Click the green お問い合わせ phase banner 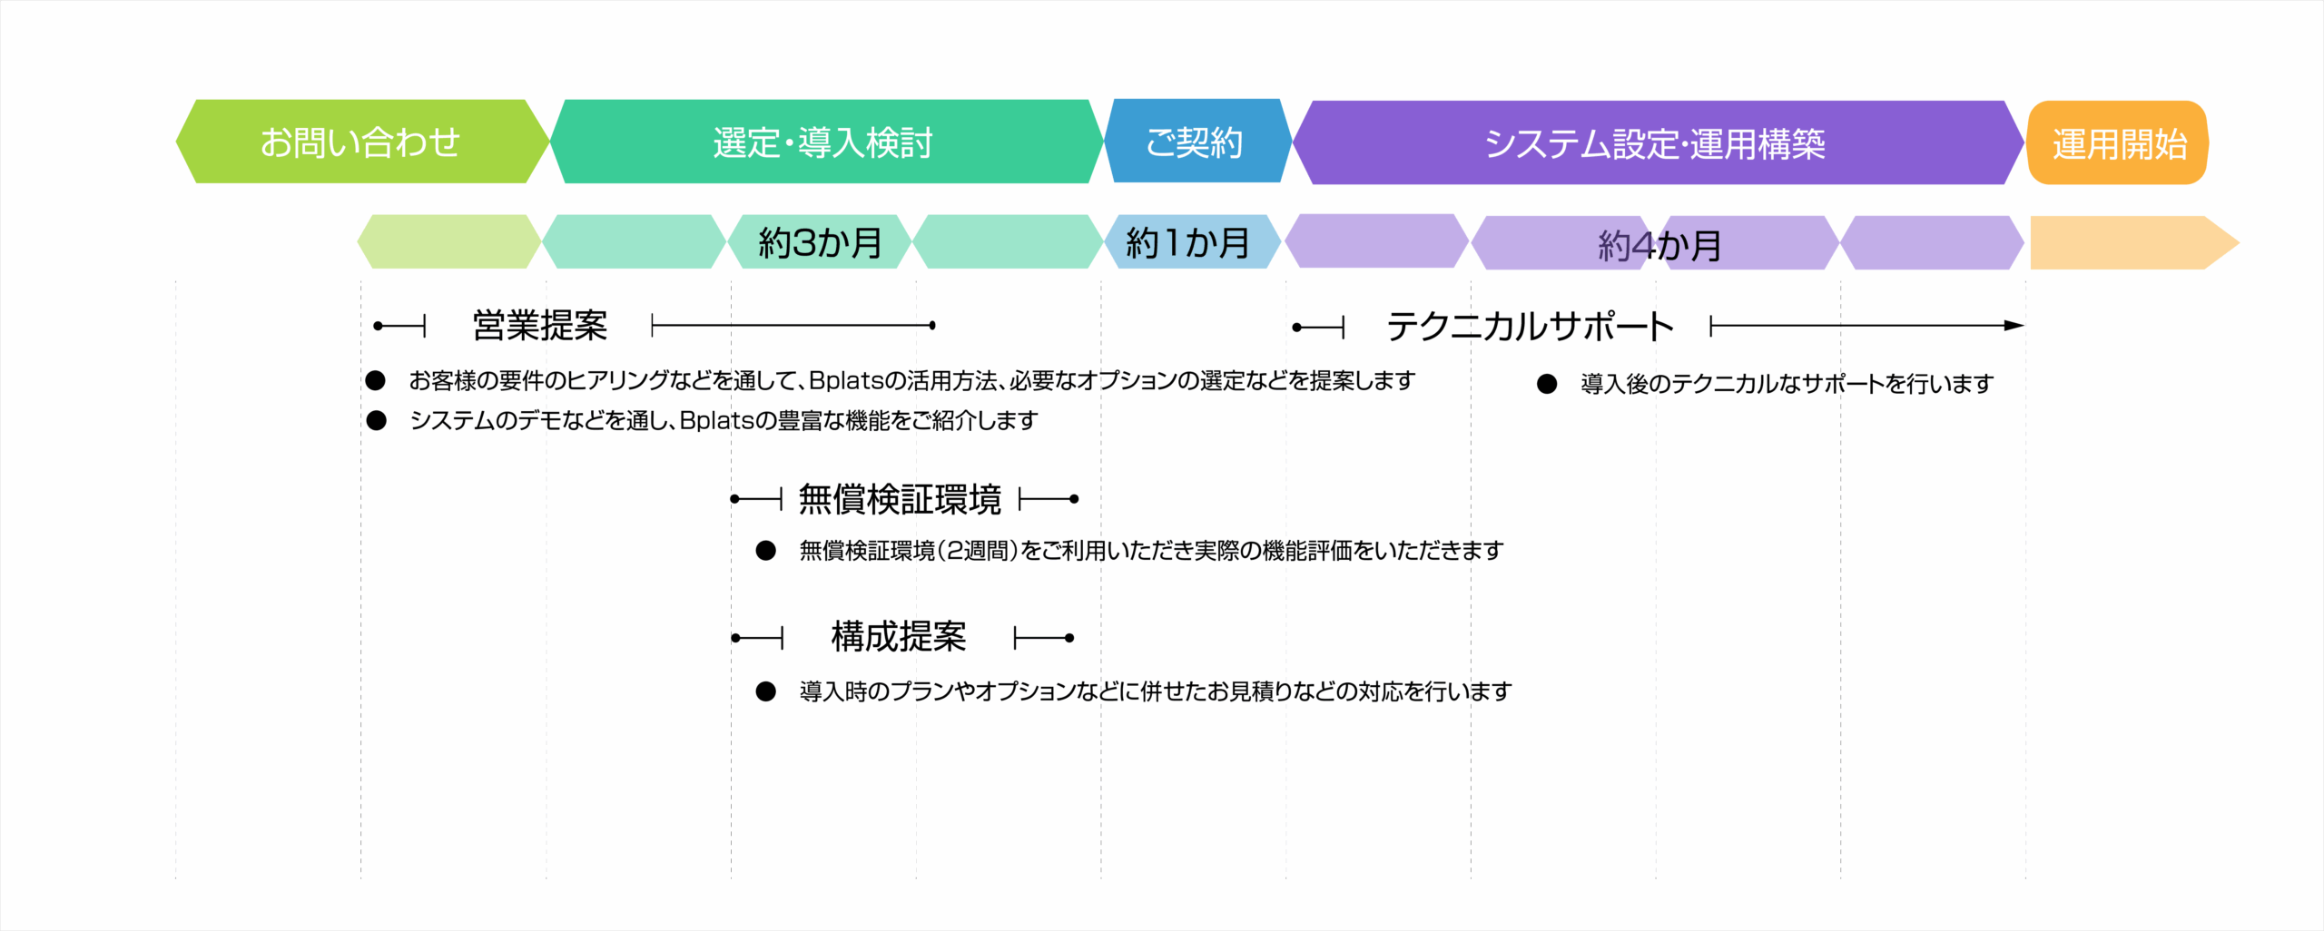(x=362, y=142)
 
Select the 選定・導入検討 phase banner (x=826, y=142)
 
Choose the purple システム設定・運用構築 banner (x=1658, y=142)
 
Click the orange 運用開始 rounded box (x=2118, y=142)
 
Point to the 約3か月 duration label (x=821, y=242)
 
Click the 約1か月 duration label (x=1188, y=242)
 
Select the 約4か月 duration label (x=1659, y=245)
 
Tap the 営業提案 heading (x=540, y=325)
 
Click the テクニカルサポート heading (x=1530, y=326)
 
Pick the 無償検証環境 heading (x=900, y=499)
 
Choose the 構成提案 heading (x=899, y=637)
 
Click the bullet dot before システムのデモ (x=377, y=420)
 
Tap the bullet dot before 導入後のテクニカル (x=1547, y=384)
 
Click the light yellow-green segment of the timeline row (x=449, y=241)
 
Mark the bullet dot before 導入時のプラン (x=766, y=691)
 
